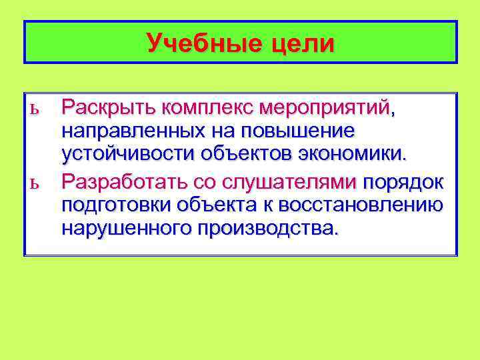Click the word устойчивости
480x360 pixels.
(x=126, y=155)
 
